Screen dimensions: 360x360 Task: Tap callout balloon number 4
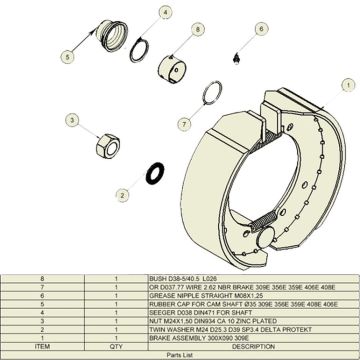[x=165, y=12]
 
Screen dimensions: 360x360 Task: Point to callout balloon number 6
[x=260, y=30]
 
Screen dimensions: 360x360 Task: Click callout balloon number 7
[x=184, y=124]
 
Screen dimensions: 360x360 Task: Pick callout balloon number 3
[x=72, y=120]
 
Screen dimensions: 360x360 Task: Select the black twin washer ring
[x=156, y=167]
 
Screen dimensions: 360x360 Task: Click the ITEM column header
[x=42, y=346]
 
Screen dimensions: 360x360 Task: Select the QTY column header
[x=117, y=346]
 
